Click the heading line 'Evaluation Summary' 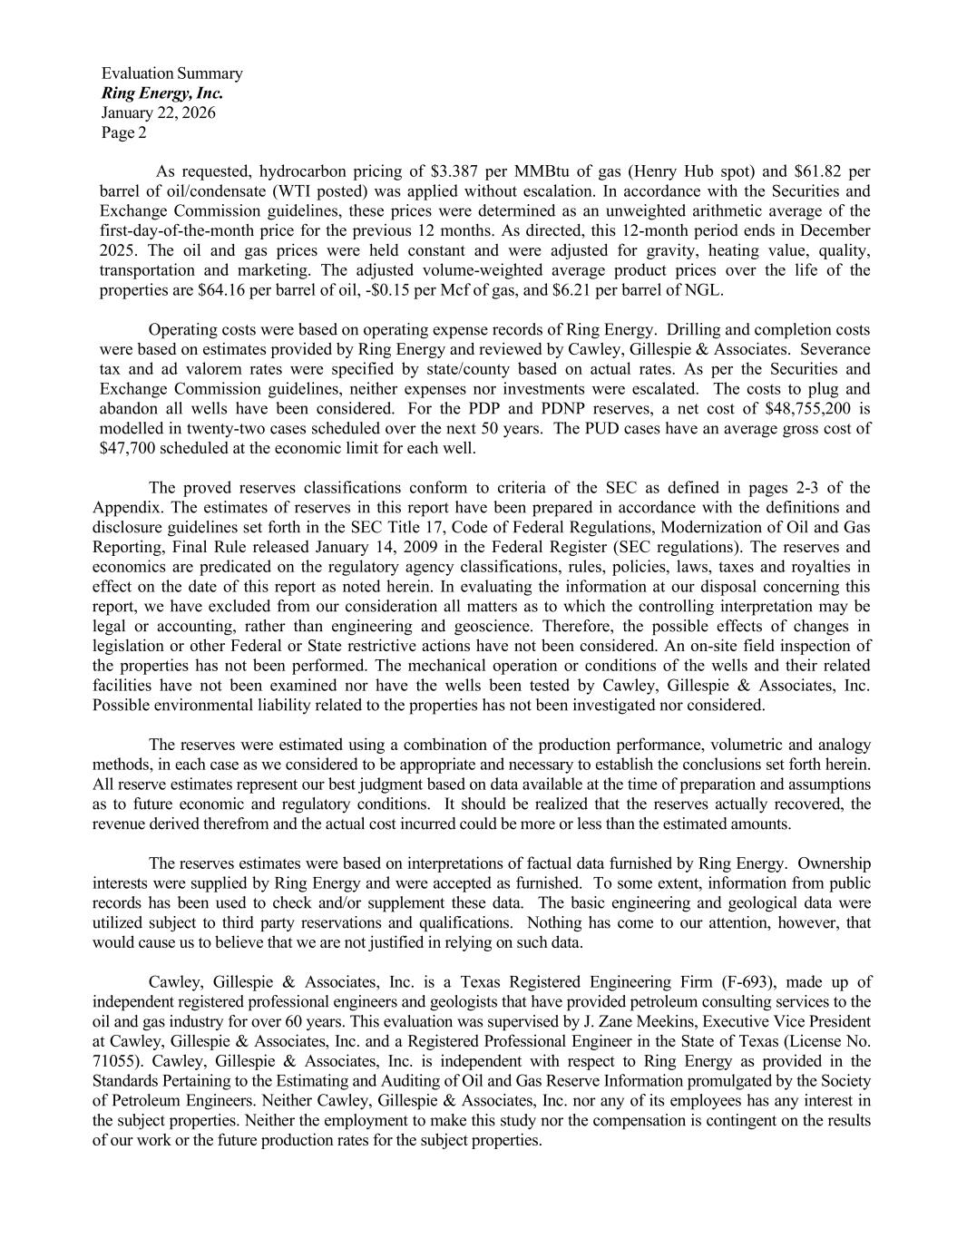tap(171, 73)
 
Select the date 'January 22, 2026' tap(159, 113)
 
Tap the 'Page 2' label tap(123, 133)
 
